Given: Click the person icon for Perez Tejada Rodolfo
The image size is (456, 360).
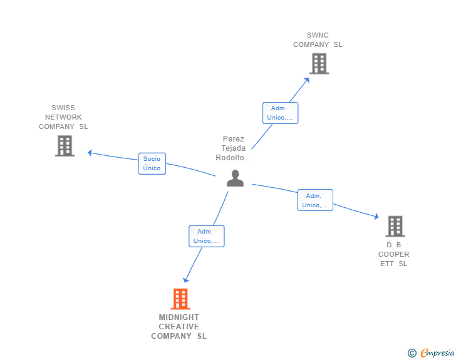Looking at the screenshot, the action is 235,178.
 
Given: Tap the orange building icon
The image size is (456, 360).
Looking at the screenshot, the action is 180,299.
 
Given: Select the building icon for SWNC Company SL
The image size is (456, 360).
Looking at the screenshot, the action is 319,63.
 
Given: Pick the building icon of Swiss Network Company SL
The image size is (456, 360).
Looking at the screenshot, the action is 65,146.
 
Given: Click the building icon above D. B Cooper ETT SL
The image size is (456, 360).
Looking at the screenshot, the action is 395,226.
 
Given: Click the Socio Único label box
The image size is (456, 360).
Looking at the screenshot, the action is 152,163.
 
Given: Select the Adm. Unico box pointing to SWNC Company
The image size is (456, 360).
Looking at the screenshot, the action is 281,113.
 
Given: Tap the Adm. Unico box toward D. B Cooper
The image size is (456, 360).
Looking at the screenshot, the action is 315,200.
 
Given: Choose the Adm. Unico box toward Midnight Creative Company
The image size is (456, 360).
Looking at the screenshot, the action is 207,236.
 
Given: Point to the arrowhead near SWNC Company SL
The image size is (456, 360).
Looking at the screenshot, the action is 307,80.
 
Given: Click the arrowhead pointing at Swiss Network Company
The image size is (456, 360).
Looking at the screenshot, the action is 90,153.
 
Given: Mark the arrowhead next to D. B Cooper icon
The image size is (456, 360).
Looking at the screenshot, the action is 376,217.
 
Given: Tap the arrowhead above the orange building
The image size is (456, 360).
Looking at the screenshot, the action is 185,280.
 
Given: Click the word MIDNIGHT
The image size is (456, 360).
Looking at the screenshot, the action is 179,317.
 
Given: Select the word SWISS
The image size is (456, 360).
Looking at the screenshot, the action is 63,108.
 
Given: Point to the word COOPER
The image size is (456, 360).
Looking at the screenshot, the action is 394,254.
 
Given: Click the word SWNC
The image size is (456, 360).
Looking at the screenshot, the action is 318,35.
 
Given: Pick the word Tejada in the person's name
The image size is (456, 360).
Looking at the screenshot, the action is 234,148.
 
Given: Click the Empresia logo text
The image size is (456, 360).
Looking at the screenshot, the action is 437,352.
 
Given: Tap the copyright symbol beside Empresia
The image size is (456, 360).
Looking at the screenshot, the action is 412,353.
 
